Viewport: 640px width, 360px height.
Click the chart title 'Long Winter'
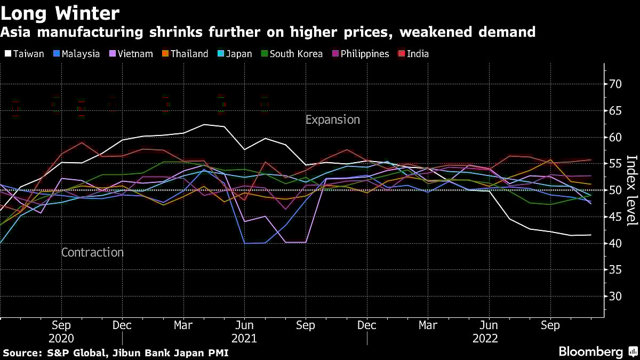[x=60, y=12]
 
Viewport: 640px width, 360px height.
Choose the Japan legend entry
[x=240, y=54]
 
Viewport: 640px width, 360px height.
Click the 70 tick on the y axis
[x=616, y=84]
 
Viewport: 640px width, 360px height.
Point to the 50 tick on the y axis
[x=616, y=190]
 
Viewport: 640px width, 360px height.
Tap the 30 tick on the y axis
[x=616, y=297]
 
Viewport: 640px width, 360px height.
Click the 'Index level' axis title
[x=631, y=198]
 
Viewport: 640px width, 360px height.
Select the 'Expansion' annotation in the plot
[x=332, y=120]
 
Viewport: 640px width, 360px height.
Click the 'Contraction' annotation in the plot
[x=92, y=253]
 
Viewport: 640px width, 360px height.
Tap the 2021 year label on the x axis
[x=244, y=339]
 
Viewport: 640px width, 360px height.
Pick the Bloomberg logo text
[x=590, y=352]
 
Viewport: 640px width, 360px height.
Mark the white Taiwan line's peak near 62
[x=204, y=125]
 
